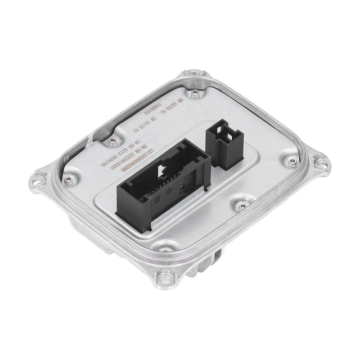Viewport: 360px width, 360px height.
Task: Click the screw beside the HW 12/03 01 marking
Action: coord(194,93)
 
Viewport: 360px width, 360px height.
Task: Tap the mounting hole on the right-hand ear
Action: coord(321,158)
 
